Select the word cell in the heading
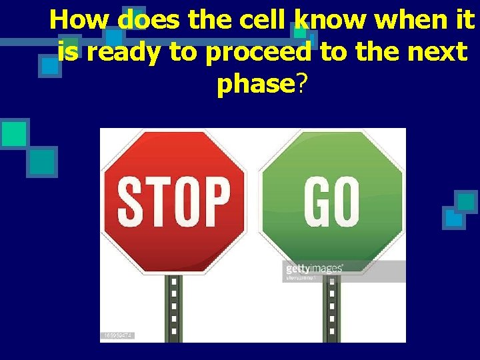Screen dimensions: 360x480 click(258, 20)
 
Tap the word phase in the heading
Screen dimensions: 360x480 click(255, 85)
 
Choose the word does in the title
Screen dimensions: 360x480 click(151, 20)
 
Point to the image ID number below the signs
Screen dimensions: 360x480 click(118, 335)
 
